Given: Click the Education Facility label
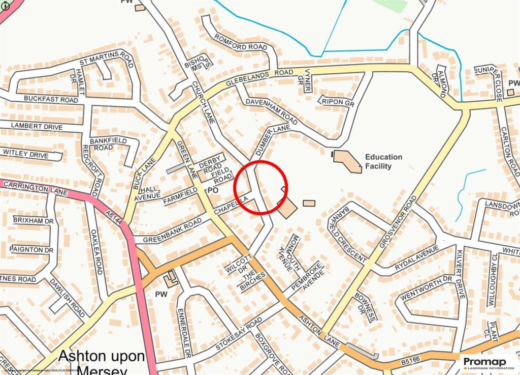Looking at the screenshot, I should (383, 161).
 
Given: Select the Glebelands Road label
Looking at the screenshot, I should (259, 77).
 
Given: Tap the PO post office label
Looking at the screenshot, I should (213, 190).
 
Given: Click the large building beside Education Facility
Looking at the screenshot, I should (348, 160).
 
